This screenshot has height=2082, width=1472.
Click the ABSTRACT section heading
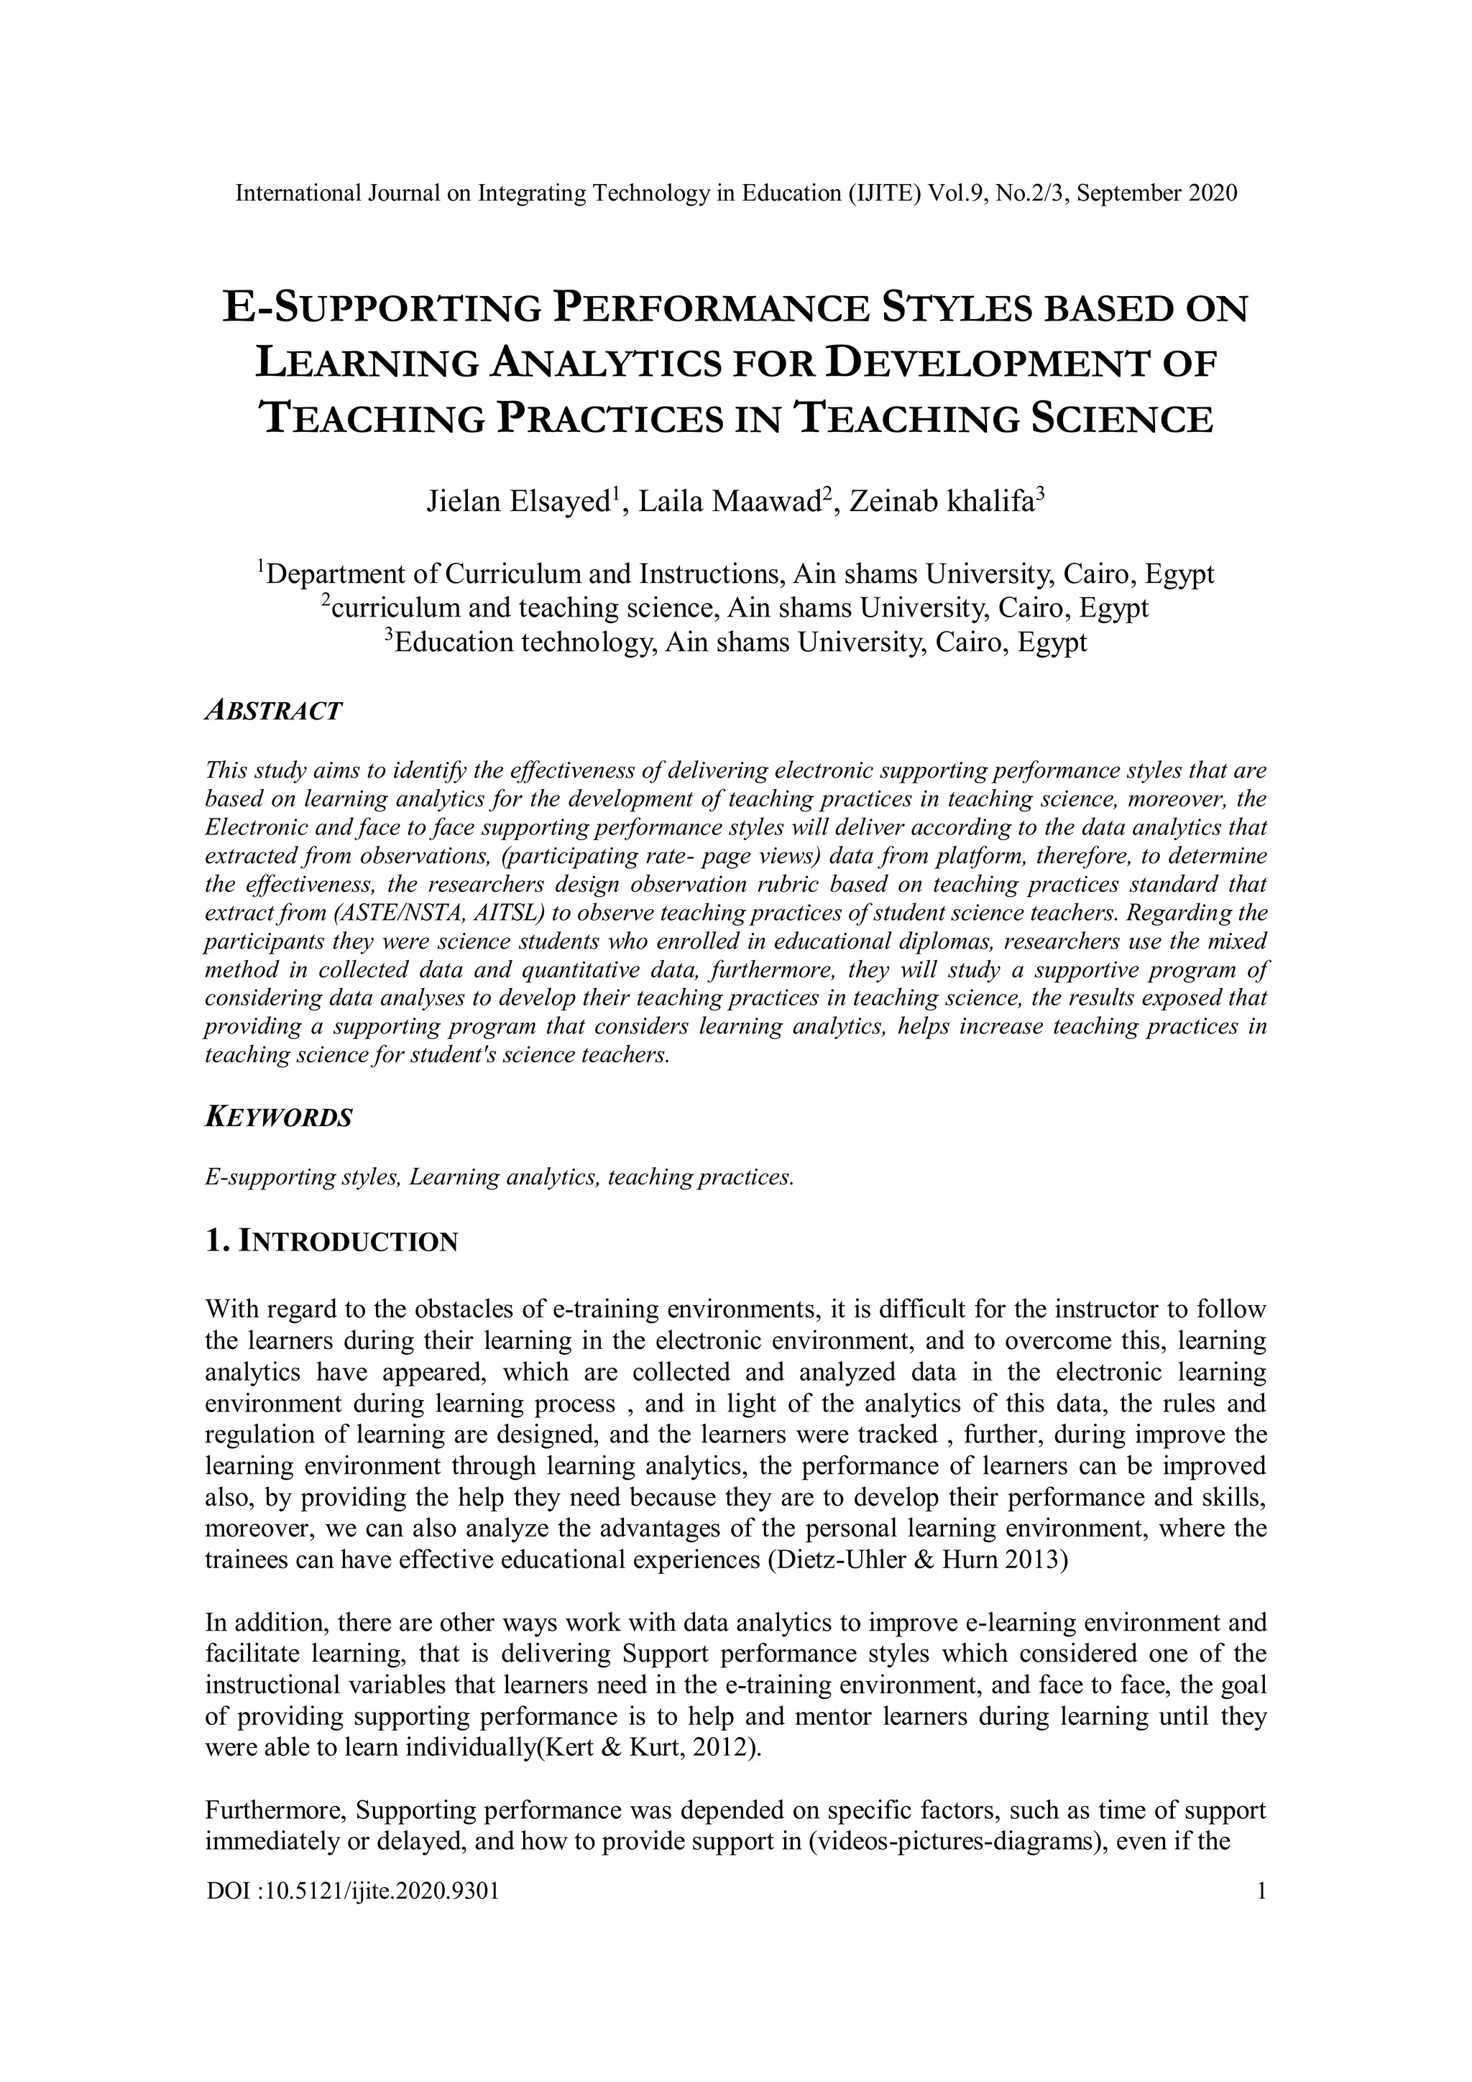coord(274,711)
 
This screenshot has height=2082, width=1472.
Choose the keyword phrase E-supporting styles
coord(302,1178)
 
